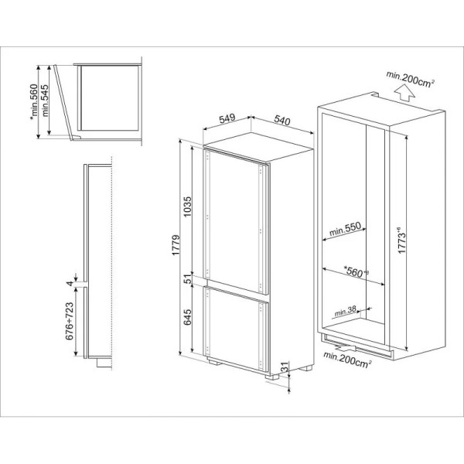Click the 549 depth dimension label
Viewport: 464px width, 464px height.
[227, 118]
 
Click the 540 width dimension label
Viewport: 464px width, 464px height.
[282, 121]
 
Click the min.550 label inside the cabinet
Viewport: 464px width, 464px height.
[346, 230]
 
